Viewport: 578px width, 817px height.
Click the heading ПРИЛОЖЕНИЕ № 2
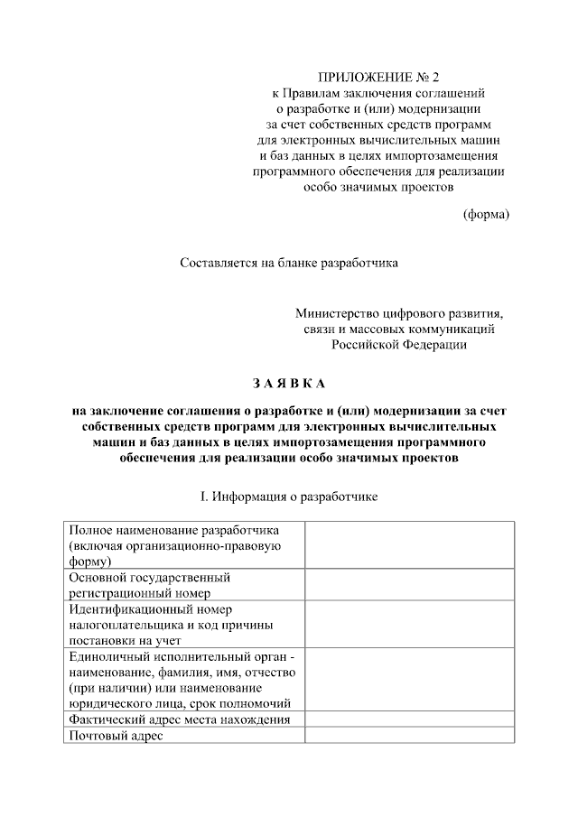click(378, 76)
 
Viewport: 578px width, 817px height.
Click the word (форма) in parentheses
click(486, 214)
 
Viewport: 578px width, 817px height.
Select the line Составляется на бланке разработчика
click(288, 264)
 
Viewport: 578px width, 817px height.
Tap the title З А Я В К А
click(288, 385)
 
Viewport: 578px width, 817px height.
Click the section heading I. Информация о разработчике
click(288, 496)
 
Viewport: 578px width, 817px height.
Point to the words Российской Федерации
click(398, 344)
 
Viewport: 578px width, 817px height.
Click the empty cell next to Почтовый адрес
click(409, 736)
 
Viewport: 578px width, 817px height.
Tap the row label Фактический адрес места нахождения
click(180, 720)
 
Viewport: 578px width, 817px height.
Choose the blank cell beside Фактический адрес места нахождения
click(409, 720)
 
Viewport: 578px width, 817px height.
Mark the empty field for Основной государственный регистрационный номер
click(409, 585)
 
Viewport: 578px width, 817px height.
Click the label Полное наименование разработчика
click(175, 530)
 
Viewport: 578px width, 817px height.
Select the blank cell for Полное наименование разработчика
click(409, 544)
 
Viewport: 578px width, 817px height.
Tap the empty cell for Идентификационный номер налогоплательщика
click(409, 624)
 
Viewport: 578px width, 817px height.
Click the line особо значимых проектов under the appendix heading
click(378, 187)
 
